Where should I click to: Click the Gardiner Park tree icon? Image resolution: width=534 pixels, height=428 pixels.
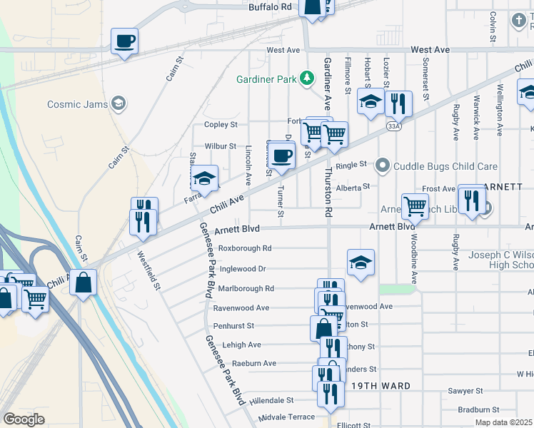tap(307, 77)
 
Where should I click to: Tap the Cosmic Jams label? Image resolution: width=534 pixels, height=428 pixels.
tap(78, 104)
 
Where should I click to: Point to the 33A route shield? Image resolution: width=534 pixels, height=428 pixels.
tap(393, 126)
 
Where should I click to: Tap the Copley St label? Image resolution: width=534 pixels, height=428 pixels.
tap(221, 125)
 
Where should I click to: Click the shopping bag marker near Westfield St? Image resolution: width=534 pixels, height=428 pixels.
tap(84, 282)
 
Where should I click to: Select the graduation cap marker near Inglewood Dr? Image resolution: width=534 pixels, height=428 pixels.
tap(361, 263)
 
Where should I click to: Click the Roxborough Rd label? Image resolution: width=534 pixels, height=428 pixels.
tap(245, 248)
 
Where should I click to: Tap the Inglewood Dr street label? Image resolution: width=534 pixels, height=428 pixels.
tap(242, 269)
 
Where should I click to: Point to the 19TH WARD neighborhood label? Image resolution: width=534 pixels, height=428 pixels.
tap(381, 386)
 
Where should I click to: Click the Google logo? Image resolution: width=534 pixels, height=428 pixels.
tap(24, 419)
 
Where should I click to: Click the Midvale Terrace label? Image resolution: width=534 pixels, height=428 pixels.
tap(286, 417)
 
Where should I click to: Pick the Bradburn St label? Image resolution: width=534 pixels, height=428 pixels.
tap(478, 409)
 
